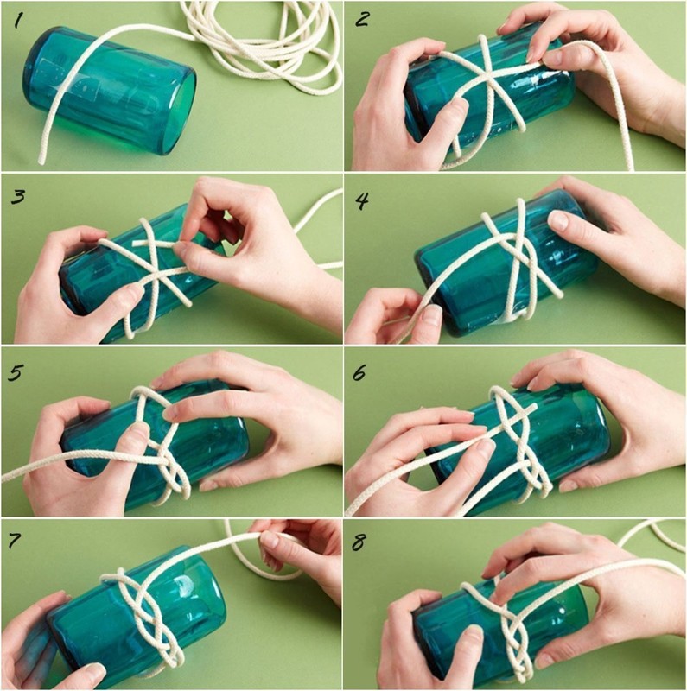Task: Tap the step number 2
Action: coord(361,19)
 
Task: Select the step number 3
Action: coord(17,197)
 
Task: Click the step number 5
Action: coord(16,372)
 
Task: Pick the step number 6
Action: coord(359,373)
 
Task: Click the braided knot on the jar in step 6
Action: coord(518,441)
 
